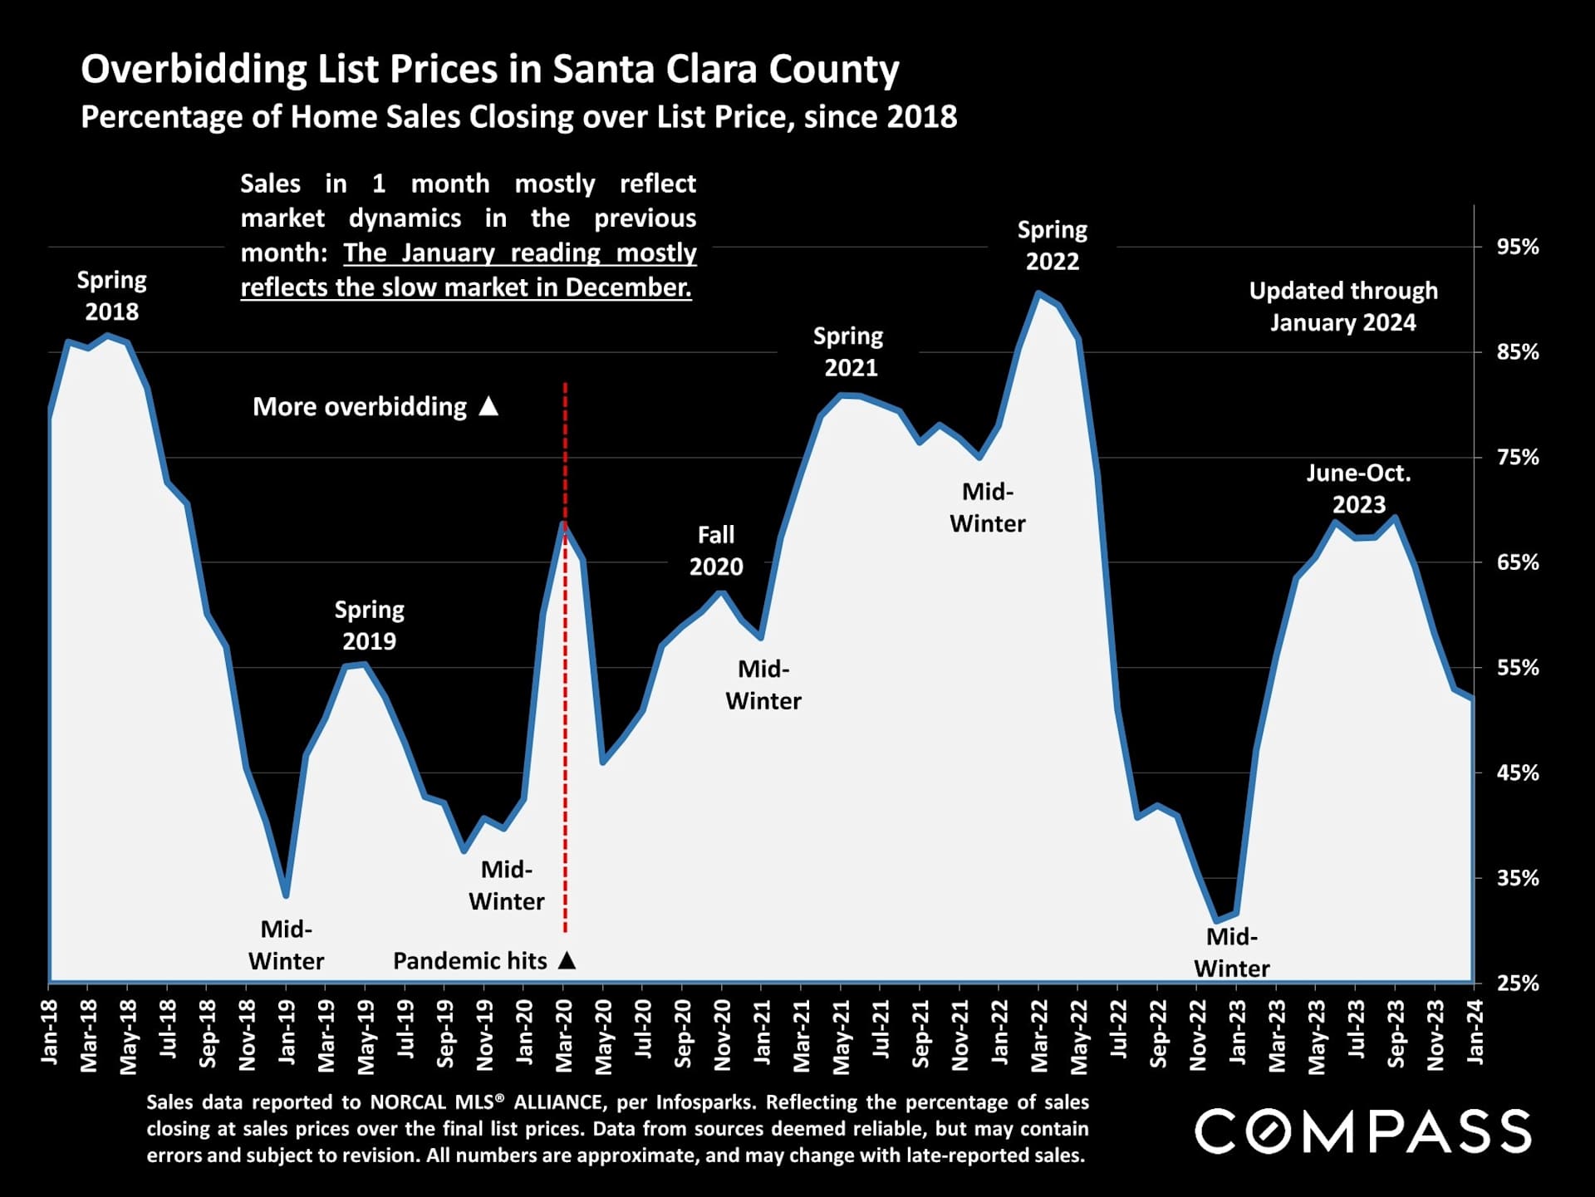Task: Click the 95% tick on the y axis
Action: tap(1517, 247)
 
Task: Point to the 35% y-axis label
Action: tap(1517, 878)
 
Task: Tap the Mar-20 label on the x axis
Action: tap(565, 1035)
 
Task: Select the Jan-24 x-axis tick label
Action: tap(1475, 1033)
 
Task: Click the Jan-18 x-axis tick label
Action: tap(50, 1033)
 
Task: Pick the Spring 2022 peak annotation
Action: tap(1052, 245)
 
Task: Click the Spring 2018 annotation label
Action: tap(112, 296)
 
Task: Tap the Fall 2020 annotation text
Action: tap(716, 551)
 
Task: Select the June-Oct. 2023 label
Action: tap(1358, 488)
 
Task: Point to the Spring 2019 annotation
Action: tap(370, 625)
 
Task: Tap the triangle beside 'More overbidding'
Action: tap(488, 405)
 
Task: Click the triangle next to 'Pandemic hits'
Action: tap(567, 960)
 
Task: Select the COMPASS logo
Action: tap(1362, 1131)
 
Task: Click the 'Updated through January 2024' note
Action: tap(1343, 307)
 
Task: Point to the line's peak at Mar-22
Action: tap(1038, 293)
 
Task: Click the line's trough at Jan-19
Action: tap(286, 895)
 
